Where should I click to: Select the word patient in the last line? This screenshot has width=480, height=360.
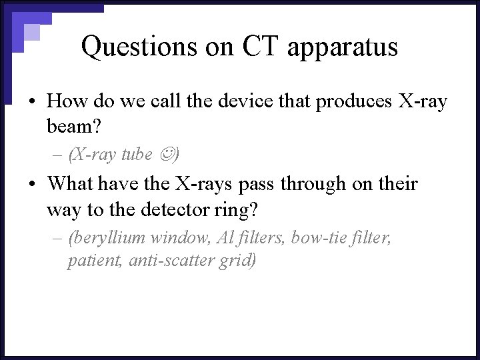click(x=91, y=260)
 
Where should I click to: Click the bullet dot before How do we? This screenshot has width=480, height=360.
click(x=32, y=102)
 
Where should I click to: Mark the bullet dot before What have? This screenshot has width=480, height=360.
click(x=32, y=184)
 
